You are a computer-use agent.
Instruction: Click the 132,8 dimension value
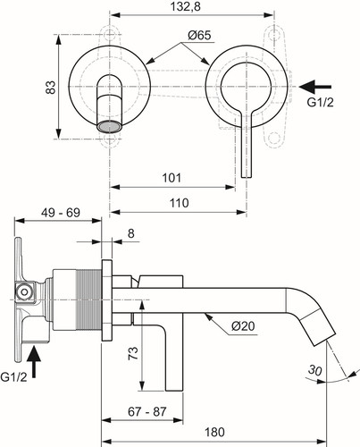pyautogui.click(x=186, y=6)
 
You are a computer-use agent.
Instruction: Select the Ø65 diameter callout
pyautogui.click(x=199, y=36)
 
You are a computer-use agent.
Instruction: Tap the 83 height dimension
pyautogui.click(x=51, y=88)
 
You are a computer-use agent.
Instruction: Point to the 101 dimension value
pyautogui.click(x=172, y=178)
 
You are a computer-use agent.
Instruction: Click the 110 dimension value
pyautogui.click(x=180, y=203)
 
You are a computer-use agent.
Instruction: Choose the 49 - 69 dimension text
pyautogui.click(x=61, y=213)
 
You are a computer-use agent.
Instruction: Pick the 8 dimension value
pyautogui.click(x=131, y=233)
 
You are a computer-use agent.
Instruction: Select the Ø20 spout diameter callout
pyautogui.click(x=243, y=326)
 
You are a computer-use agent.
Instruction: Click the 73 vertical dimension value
pyautogui.click(x=133, y=353)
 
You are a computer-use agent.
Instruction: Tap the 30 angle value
pyautogui.click(x=315, y=370)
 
